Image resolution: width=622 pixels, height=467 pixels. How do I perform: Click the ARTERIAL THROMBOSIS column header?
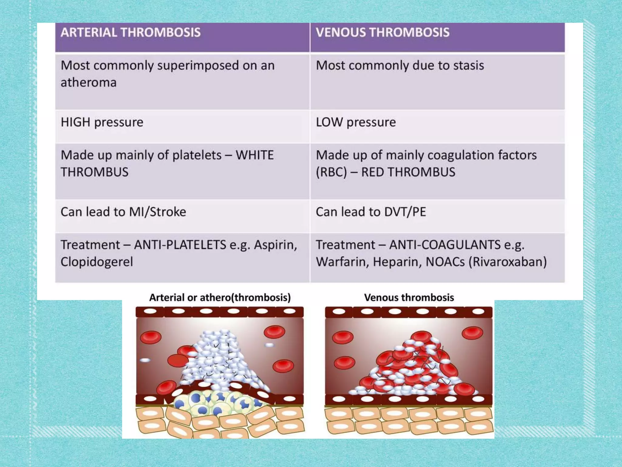(x=131, y=33)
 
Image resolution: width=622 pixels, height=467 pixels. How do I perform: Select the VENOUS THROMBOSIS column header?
(x=382, y=33)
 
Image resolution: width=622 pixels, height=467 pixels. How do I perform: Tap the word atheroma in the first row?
(x=88, y=83)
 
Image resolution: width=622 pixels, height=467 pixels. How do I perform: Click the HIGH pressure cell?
(x=102, y=123)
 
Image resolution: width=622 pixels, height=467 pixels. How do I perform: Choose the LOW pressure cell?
(x=356, y=123)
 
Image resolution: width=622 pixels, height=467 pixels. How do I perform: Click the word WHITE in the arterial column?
(x=255, y=155)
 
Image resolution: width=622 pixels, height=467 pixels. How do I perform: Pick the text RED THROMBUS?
(x=408, y=172)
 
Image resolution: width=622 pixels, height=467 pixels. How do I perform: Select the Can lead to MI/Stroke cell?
(x=123, y=212)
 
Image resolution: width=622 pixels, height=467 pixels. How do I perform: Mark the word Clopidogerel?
(x=97, y=262)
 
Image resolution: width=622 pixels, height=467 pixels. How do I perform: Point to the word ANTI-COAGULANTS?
(x=445, y=245)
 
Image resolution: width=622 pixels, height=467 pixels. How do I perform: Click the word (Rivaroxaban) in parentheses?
(x=508, y=262)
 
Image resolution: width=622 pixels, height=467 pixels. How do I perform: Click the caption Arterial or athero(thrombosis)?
(x=220, y=297)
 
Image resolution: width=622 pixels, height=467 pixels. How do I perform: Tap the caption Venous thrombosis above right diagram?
(x=409, y=297)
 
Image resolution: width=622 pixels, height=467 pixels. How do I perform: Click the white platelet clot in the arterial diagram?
(x=219, y=359)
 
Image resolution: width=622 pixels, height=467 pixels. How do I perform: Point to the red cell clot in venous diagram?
(x=413, y=368)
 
